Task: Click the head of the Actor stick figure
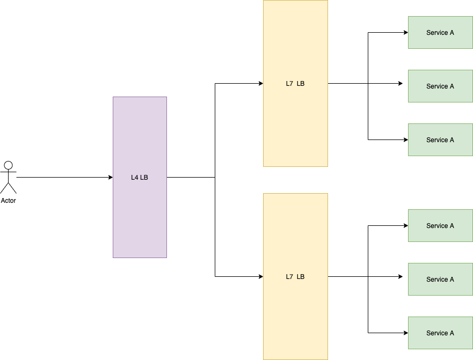(8, 165)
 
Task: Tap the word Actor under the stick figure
(8, 201)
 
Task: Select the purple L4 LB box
(140, 215)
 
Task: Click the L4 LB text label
(140, 178)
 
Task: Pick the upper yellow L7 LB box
(295, 123)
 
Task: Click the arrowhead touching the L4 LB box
(110, 177)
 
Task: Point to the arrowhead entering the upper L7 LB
(260, 83)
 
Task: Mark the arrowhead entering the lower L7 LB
(260, 276)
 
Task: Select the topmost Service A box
(440, 33)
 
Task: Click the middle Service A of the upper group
(440, 86)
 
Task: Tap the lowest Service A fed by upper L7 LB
(440, 140)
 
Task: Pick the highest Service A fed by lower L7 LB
(440, 226)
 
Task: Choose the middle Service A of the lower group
(440, 280)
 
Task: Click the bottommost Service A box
(440, 333)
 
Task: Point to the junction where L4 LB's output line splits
(215, 177)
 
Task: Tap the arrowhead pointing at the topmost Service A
(405, 32)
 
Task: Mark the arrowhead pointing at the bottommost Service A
(405, 333)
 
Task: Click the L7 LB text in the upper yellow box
(295, 84)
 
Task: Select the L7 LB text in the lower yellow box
(295, 277)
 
